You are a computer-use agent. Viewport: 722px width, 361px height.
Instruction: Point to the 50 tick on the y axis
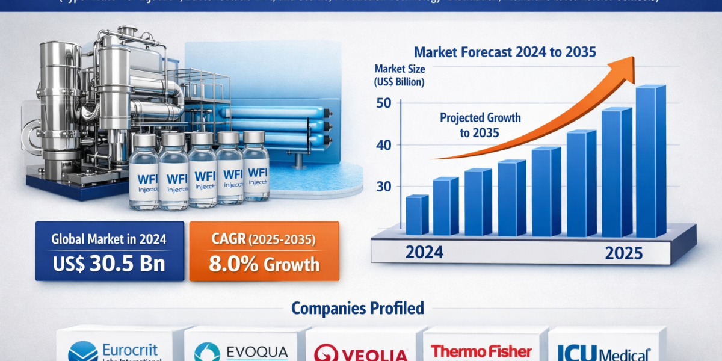(383, 103)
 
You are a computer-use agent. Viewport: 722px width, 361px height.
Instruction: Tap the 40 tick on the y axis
(383, 145)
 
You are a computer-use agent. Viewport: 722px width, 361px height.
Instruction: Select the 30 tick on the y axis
(383, 187)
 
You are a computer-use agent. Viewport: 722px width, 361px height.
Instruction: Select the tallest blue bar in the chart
(650, 161)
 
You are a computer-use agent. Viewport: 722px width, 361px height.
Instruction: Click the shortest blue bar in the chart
(416, 215)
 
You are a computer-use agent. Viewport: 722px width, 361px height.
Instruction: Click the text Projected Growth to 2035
(480, 125)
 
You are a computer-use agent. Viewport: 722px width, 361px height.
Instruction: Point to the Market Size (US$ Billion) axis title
(399, 75)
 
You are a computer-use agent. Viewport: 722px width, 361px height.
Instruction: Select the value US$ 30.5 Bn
(108, 264)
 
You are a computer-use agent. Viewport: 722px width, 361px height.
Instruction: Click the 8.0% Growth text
(264, 264)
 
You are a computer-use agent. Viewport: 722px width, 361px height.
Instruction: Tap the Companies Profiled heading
(357, 309)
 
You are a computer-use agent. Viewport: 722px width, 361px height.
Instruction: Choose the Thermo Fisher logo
(481, 351)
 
